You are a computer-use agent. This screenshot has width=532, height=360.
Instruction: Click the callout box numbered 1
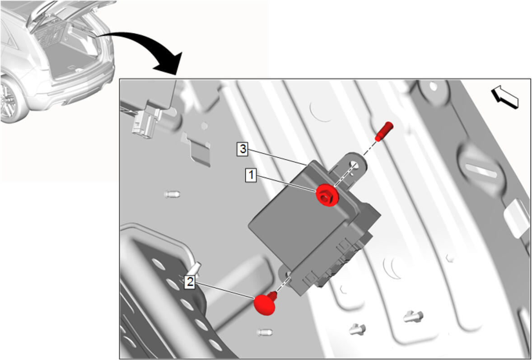(x=251, y=176)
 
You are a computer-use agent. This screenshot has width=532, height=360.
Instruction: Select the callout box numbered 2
(x=190, y=282)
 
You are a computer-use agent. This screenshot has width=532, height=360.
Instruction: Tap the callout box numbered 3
(x=242, y=150)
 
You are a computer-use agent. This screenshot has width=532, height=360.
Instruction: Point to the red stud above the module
(x=384, y=131)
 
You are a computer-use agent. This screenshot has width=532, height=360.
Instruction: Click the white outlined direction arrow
(x=505, y=97)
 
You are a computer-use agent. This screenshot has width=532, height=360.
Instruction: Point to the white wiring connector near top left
(x=146, y=121)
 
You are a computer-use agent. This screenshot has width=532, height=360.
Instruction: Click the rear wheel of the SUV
(x=10, y=100)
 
